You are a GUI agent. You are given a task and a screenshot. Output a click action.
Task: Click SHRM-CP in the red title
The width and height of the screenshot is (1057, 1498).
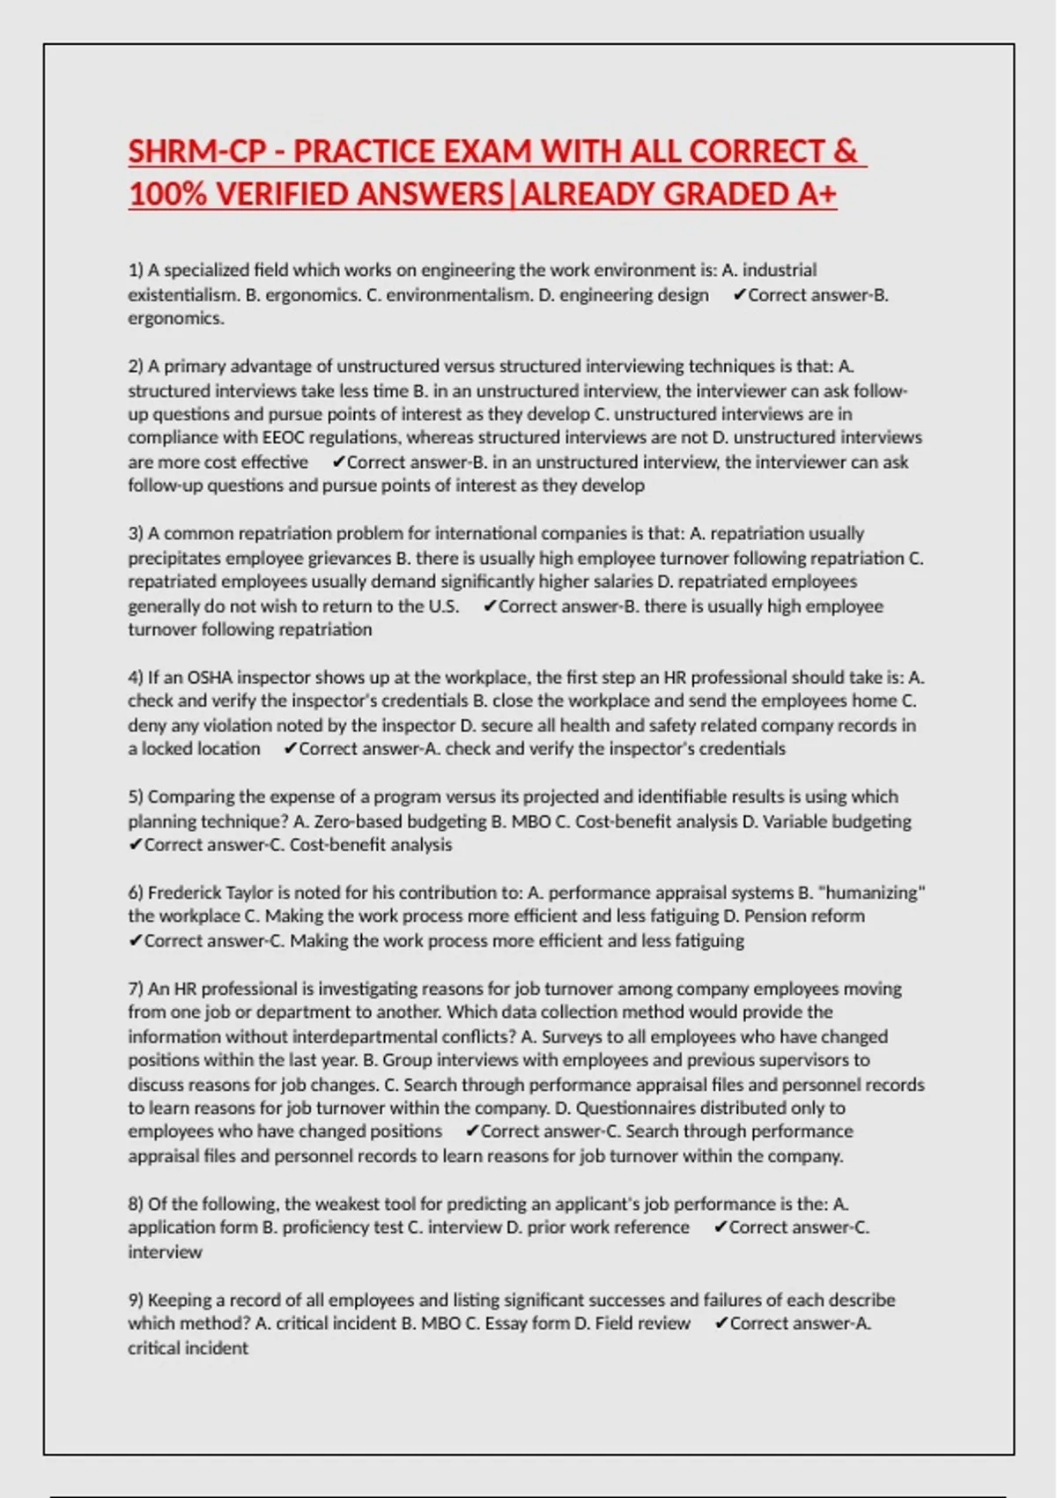pyautogui.click(x=196, y=152)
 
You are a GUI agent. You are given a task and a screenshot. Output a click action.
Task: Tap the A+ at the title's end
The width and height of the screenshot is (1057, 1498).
pyautogui.click(x=816, y=194)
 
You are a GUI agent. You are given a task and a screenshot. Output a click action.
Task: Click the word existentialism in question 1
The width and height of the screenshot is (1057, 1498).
pyautogui.click(x=182, y=294)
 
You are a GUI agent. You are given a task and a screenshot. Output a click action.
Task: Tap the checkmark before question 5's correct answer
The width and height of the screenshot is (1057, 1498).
pyautogui.click(x=135, y=845)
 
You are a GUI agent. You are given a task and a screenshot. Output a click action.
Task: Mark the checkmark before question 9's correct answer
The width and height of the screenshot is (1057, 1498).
pyautogui.click(x=721, y=1324)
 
